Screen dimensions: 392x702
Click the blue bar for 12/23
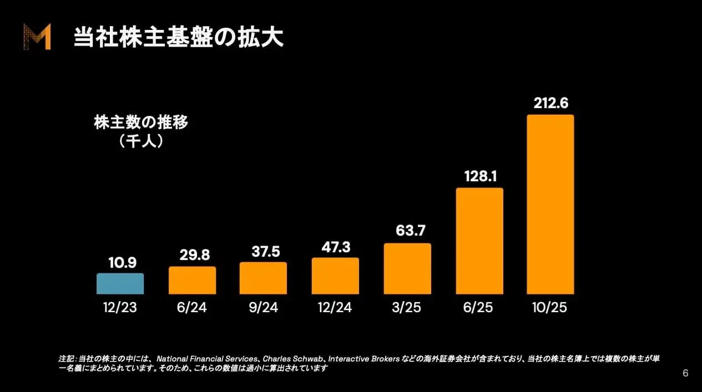click(x=120, y=284)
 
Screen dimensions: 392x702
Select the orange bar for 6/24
click(x=192, y=281)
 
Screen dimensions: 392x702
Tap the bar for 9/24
click(x=263, y=278)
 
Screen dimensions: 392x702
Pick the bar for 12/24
click(x=335, y=276)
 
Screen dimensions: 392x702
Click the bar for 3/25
click(x=407, y=269)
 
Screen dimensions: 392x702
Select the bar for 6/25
click(x=479, y=241)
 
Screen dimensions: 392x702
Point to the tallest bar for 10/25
click(x=550, y=205)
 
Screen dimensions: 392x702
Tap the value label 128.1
click(x=479, y=177)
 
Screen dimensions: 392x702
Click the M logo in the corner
click(x=37, y=37)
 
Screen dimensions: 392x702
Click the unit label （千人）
click(x=141, y=141)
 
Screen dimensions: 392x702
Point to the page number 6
click(x=685, y=373)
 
